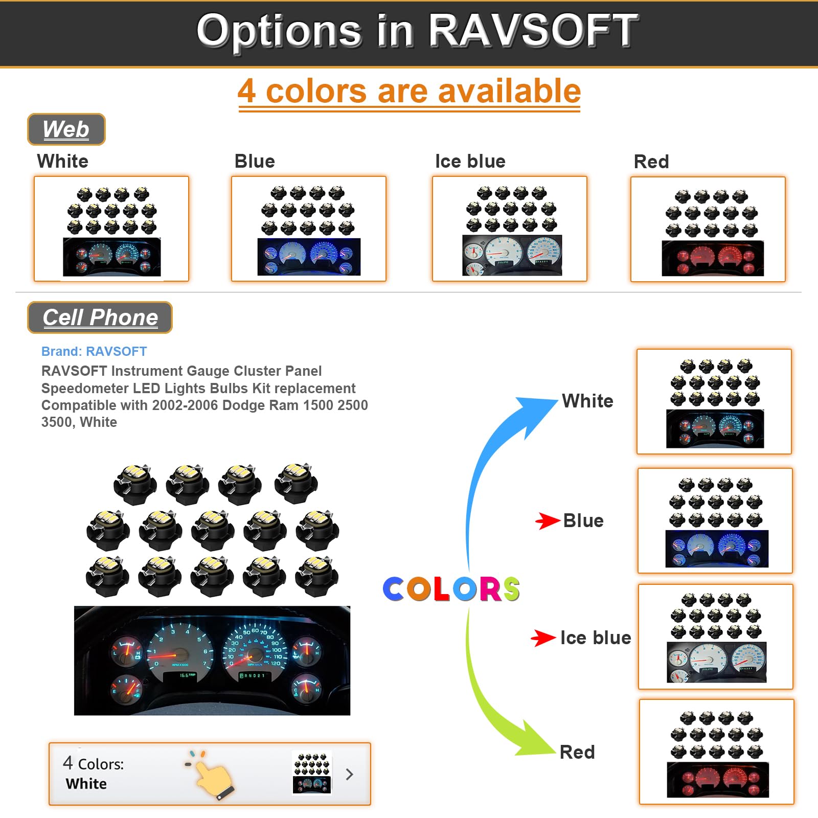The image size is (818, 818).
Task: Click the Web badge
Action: pyautogui.click(x=66, y=129)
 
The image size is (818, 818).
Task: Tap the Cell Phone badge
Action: pyautogui.click(x=100, y=317)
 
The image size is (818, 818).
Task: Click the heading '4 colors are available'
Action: pyautogui.click(x=409, y=92)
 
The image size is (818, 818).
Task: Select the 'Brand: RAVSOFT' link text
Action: pyautogui.click(x=94, y=352)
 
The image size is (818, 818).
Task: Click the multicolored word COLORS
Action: pyautogui.click(x=451, y=589)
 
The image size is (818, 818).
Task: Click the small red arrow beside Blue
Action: pyautogui.click(x=547, y=521)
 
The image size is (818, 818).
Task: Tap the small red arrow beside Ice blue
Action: pyautogui.click(x=543, y=638)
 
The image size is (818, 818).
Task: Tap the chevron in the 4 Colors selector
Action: pyautogui.click(x=350, y=774)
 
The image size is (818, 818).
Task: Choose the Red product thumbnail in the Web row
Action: pyautogui.click(x=708, y=230)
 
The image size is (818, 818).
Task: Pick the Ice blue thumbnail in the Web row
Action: pyautogui.click(x=509, y=229)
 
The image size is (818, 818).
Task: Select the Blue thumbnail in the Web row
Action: pyautogui.click(x=308, y=229)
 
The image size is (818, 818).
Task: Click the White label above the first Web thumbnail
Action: pyautogui.click(x=62, y=162)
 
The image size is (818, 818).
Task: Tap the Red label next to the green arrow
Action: pyautogui.click(x=577, y=752)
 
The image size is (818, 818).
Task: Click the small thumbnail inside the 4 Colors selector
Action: pyautogui.click(x=312, y=772)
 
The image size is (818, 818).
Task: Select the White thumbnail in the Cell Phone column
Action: pyautogui.click(x=714, y=402)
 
